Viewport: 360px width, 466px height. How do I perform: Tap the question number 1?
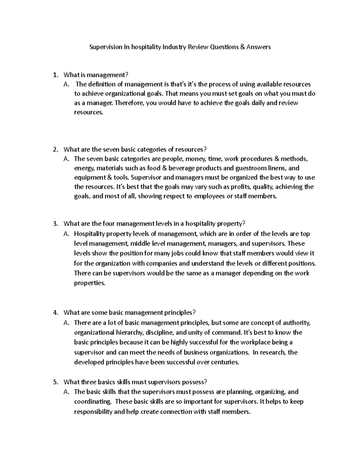point(54,75)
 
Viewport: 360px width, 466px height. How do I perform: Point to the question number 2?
point(54,149)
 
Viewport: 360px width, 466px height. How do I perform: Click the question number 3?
point(54,224)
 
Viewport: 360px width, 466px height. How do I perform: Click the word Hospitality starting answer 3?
point(89,234)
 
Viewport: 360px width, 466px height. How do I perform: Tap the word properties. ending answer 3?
point(90,283)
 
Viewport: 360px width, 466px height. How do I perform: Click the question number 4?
point(54,313)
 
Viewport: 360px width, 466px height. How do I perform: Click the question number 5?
point(54,382)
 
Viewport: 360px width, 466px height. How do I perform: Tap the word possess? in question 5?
point(194,382)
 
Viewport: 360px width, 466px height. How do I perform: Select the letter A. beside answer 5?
point(67,392)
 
